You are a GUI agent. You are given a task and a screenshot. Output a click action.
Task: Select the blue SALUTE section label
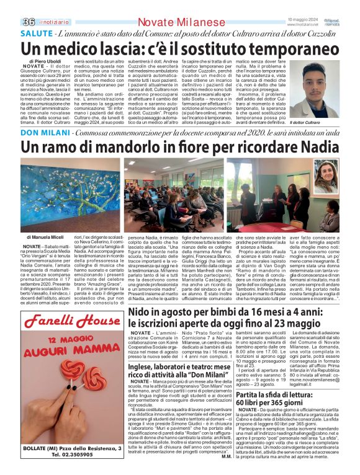coord(37,32)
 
